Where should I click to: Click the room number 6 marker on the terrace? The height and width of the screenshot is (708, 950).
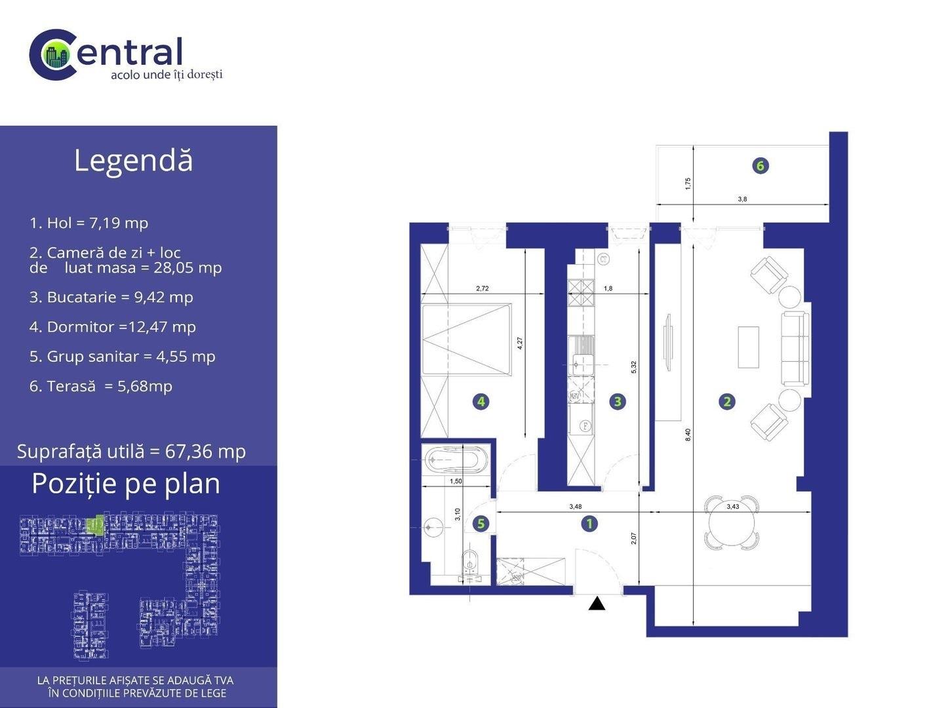(761, 165)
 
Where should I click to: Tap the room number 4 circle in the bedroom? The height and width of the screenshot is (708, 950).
(481, 402)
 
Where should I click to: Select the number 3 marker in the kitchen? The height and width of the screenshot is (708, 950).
(618, 402)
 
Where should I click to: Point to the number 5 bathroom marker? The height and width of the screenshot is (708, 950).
(481, 524)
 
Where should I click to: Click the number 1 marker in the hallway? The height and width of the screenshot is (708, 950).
(589, 524)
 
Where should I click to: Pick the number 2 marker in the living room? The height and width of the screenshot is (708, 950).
(727, 402)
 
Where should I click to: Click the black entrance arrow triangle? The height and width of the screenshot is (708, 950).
(597, 603)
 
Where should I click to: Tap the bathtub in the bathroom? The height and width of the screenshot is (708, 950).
(456, 459)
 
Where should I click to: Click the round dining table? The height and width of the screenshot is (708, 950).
(732, 523)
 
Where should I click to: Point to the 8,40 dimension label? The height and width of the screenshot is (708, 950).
(688, 435)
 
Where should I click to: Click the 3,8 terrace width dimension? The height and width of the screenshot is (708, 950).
(742, 199)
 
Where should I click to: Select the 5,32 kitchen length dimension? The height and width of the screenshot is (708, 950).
(633, 367)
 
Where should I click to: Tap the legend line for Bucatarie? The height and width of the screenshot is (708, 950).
(111, 298)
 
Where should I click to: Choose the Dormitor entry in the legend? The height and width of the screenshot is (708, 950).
(113, 326)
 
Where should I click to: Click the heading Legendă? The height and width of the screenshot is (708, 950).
(133, 161)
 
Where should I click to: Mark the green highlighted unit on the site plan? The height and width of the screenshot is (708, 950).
(95, 525)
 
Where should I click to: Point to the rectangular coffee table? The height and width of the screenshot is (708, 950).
(748, 347)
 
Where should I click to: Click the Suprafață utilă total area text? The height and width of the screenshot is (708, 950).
(131, 452)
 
